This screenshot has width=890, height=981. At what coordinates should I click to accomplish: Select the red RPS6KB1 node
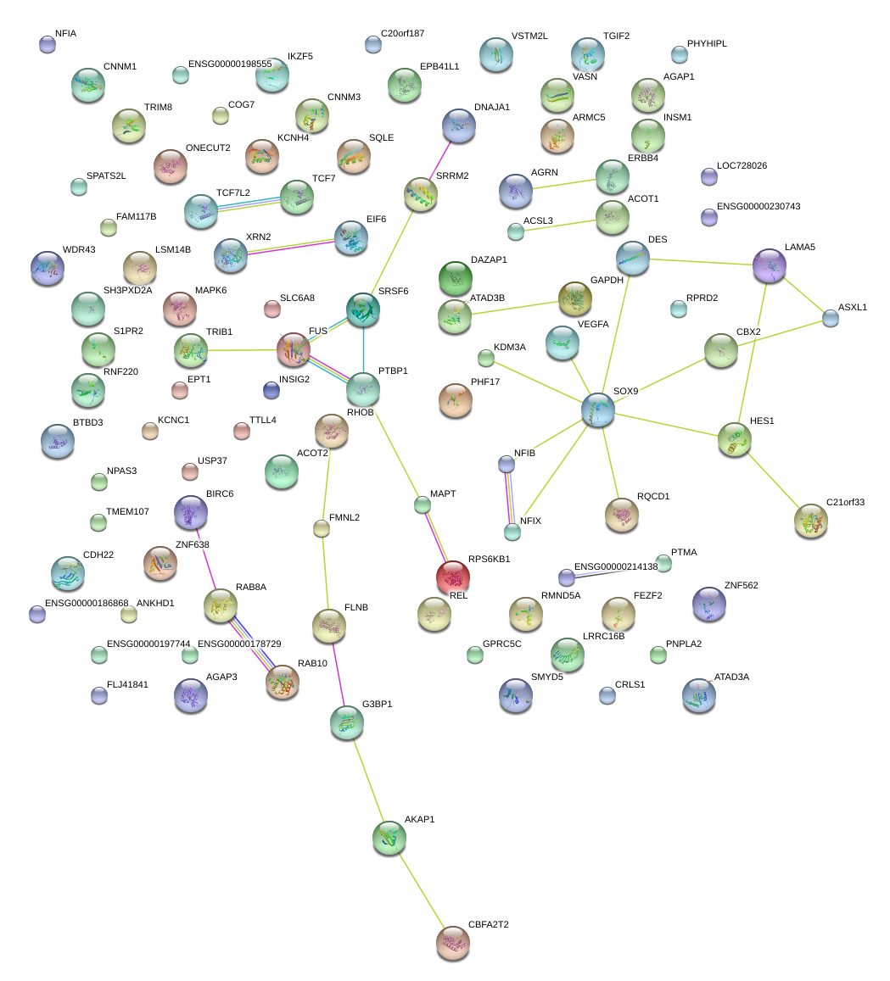(453, 577)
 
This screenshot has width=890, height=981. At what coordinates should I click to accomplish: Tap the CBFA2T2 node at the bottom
(452, 943)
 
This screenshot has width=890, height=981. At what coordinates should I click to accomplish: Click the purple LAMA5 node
(770, 265)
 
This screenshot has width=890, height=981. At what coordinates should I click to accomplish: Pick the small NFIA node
(48, 44)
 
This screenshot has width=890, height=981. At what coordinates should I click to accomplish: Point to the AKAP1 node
(389, 838)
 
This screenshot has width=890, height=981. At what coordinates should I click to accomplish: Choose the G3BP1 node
(346, 722)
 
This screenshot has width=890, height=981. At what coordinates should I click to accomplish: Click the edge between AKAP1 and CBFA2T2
(421, 890)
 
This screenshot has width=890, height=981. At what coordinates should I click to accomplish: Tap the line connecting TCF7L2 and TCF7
(249, 203)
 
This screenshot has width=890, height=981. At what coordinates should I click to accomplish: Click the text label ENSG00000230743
(758, 206)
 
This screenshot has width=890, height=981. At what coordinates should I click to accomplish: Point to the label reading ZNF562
(741, 586)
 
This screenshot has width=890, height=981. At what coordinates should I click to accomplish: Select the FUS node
(294, 350)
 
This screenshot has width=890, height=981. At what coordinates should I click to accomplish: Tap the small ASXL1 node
(831, 318)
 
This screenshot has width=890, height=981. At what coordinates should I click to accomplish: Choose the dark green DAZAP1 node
(456, 277)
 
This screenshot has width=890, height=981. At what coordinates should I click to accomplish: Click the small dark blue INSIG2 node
(271, 390)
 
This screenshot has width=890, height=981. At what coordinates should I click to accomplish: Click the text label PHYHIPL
(707, 43)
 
